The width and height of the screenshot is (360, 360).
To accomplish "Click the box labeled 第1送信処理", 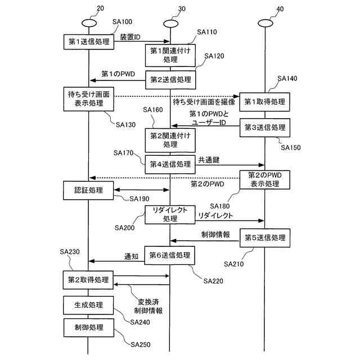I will pos(88,42).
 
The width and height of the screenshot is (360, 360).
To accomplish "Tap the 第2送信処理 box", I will pos(170,79).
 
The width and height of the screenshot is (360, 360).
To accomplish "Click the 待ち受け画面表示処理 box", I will pos(88,99).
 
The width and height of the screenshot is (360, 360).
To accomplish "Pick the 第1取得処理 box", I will pos(264,103).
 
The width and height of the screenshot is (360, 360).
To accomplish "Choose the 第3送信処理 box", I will pos(264,127).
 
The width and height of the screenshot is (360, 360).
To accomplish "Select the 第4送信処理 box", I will pos(170,164).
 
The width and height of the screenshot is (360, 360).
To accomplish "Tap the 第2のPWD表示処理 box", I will pos(264,179).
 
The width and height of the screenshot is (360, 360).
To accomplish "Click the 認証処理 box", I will pos(88,191).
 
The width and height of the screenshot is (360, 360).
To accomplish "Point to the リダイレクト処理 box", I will pos(170,214).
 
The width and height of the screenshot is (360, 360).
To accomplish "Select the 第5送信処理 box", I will pos(264,238).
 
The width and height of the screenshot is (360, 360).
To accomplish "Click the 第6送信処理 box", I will pos(170,255).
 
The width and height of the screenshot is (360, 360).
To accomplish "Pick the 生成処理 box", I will pos(88,305).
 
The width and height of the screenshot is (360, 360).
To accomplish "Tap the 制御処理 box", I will pos(88,327).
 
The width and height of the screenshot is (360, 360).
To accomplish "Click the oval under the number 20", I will pos(88,22).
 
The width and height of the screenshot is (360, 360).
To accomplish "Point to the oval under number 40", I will pos(264,22).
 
